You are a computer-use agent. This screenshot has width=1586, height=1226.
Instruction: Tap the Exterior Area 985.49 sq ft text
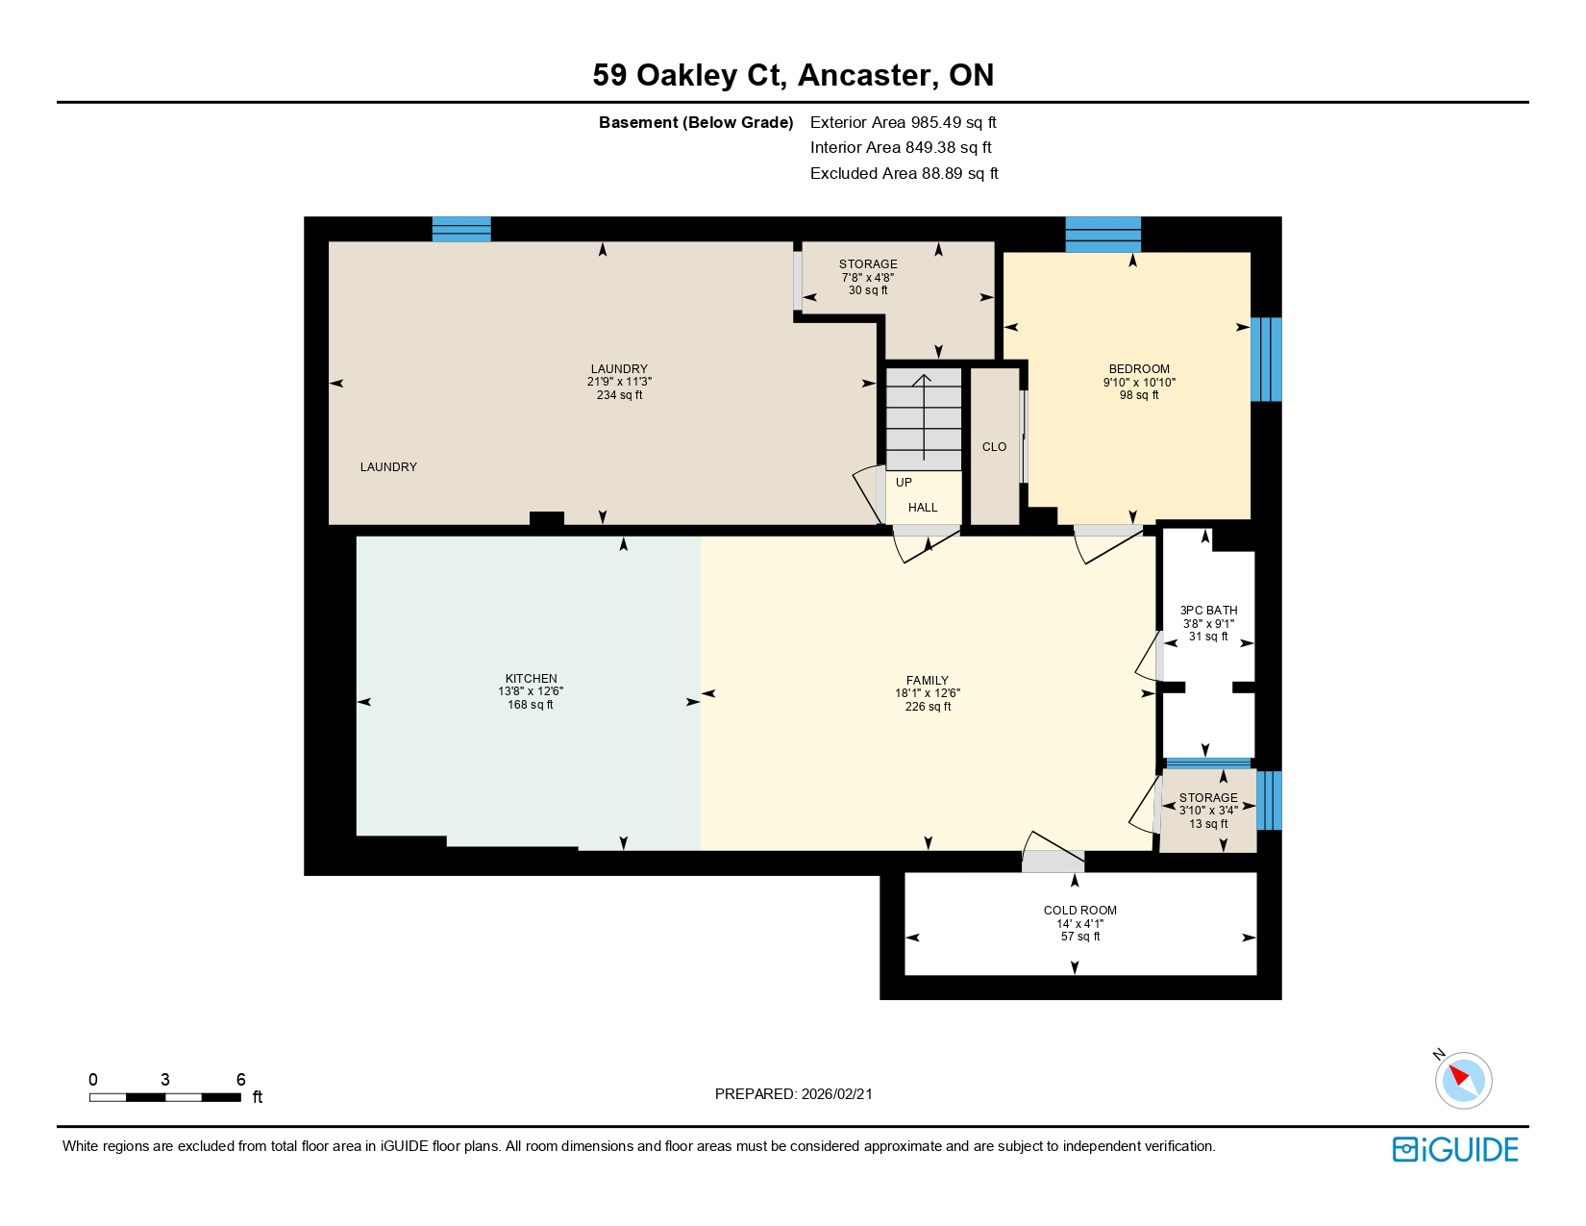903,122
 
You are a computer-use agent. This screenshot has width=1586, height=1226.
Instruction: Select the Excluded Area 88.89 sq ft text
904,173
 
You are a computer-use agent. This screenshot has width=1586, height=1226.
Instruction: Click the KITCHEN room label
531,679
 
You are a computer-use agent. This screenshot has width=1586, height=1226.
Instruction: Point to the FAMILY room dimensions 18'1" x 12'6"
928,693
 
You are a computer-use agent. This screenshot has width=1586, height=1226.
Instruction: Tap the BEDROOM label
1139,369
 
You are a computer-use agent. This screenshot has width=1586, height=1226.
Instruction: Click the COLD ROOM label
1079,911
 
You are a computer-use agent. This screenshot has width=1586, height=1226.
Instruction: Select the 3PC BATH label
1208,611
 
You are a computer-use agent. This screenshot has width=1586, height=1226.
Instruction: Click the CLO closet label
994,447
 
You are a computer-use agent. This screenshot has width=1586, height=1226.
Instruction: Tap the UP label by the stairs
904,483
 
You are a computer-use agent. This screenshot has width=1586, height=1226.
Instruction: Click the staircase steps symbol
923,418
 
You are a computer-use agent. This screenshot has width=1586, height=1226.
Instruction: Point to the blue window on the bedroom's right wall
1266,359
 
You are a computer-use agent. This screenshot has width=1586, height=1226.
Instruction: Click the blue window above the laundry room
461,229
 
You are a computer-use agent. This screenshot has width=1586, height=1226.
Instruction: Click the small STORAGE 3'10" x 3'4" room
1208,811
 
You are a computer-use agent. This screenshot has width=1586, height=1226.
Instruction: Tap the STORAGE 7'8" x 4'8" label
868,264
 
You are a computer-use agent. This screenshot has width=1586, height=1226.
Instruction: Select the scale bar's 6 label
241,1080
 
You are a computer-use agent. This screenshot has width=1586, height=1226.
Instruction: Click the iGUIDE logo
1454,1149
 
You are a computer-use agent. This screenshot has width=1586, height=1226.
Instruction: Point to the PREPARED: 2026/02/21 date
793,1094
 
